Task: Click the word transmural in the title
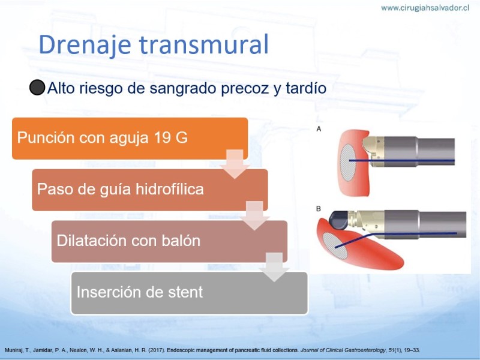click(204, 44)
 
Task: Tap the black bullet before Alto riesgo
click(37, 88)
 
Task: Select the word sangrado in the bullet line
click(183, 89)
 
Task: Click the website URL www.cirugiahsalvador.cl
click(425, 8)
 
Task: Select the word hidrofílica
click(170, 188)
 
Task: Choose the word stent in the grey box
click(185, 292)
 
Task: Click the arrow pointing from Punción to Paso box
click(235, 164)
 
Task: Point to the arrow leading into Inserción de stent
click(274, 267)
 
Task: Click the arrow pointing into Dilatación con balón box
click(254, 215)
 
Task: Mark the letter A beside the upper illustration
click(319, 129)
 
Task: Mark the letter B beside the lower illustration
click(319, 209)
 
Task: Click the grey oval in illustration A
click(348, 163)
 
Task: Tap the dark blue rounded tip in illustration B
click(338, 220)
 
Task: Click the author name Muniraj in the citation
click(13, 350)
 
